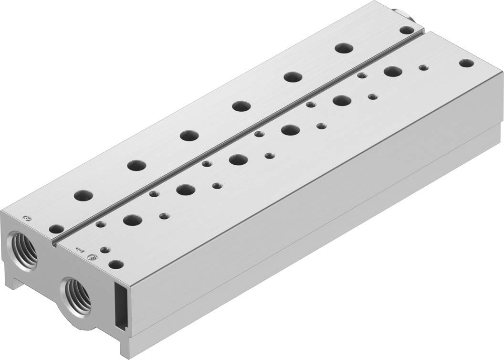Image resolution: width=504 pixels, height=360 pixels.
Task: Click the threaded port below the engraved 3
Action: pos(23,249)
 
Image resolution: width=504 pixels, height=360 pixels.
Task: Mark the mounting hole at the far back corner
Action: pos(406,30)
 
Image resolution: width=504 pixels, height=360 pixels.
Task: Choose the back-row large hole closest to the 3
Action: pos(84,195)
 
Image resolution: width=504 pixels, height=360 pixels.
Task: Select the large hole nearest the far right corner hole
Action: pos(392,72)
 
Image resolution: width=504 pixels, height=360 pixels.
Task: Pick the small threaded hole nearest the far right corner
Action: pos(423,68)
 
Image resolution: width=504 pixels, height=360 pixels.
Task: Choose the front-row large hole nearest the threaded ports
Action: pos(132,220)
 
